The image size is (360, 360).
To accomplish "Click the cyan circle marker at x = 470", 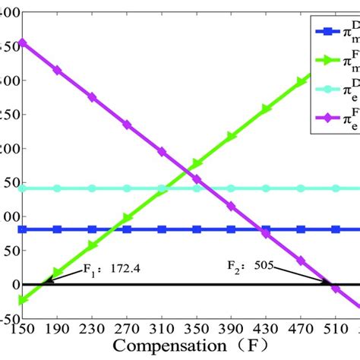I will coord(301,188).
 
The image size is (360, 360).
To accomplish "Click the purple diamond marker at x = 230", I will coord(92,97).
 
